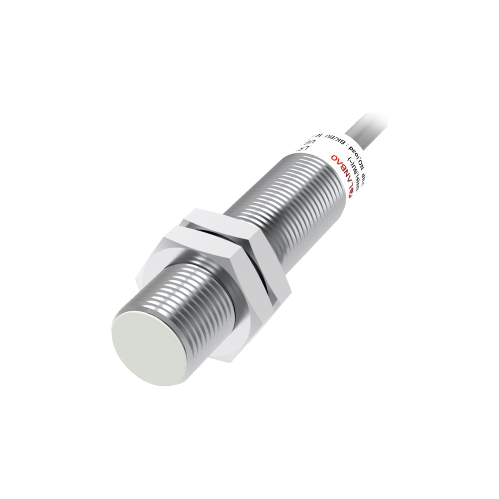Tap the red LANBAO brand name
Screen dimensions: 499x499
343,173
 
